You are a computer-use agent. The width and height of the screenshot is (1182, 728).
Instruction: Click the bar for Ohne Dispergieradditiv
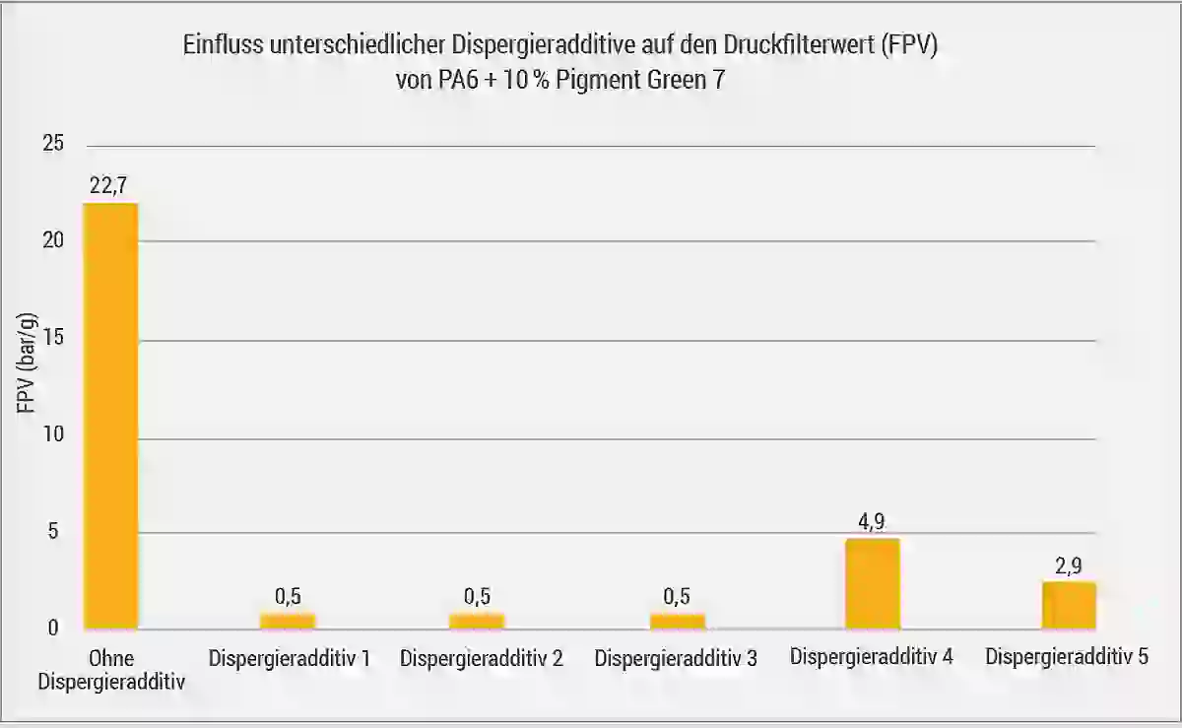click(x=110, y=415)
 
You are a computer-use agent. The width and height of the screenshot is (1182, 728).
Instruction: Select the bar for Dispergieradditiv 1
click(x=288, y=621)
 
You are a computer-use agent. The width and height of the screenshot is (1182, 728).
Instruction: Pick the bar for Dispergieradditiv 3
click(x=677, y=621)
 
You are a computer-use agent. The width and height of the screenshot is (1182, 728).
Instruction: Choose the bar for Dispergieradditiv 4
click(x=872, y=583)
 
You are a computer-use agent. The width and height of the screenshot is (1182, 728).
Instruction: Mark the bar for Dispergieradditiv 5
click(x=1069, y=605)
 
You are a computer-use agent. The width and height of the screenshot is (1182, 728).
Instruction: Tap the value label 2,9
click(x=1069, y=565)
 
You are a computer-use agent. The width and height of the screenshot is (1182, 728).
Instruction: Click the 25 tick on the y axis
click(x=53, y=144)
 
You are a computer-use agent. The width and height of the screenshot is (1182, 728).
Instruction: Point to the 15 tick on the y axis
click(x=53, y=337)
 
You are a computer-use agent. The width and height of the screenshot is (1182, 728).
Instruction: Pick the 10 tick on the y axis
click(x=53, y=434)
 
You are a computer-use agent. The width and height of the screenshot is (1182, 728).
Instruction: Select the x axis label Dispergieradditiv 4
click(x=871, y=656)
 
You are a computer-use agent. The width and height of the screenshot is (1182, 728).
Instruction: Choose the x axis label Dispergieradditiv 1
click(x=289, y=658)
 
